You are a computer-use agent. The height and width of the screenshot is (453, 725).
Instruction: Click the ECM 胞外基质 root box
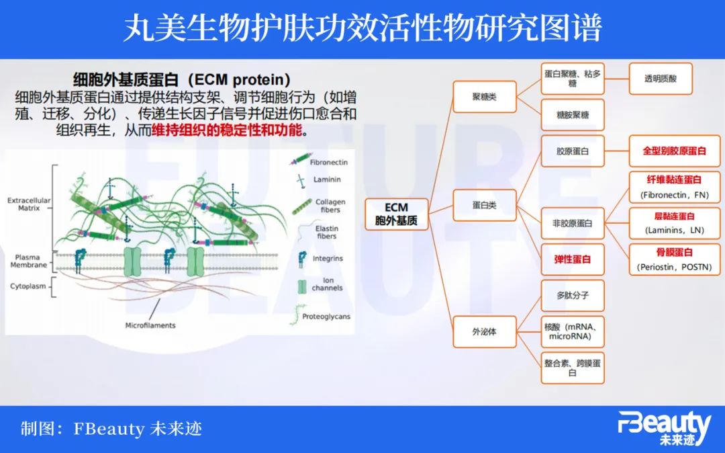click(x=397, y=214)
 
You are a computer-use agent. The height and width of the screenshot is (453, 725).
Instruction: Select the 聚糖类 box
click(x=484, y=97)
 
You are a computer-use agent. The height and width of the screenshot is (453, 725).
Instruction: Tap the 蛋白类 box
click(x=484, y=205)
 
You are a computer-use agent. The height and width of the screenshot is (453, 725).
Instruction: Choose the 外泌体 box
click(x=484, y=331)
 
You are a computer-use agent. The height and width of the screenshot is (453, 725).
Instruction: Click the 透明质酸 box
click(x=661, y=79)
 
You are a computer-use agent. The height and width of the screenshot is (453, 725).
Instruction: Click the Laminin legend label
click(x=326, y=180)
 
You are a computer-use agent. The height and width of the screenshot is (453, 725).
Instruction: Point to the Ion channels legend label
click(x=327, y=284)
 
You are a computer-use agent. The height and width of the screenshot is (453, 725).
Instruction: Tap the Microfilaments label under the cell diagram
click(x=150, y=325)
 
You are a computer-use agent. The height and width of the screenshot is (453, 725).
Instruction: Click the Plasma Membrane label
click(x=29, y=261)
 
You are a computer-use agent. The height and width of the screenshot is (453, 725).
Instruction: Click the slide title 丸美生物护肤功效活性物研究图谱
click(x=362, y=29)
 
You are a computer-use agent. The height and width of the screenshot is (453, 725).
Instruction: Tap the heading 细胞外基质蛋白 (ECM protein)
click(x=181, y=79)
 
